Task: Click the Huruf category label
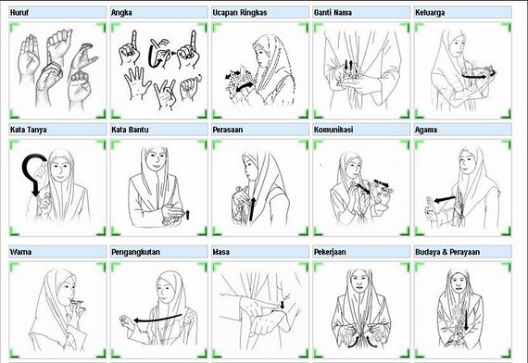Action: [x=19, y=13]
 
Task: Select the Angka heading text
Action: [x=121, y=13]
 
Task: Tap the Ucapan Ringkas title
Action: [x=240, y=13]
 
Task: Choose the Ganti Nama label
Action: [x=333, y=13]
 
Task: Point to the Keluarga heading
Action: [x=430, y=13]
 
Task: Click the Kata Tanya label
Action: [x=29, y=130]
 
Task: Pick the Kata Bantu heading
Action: [x=130, y=130]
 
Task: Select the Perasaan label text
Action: [x=228, y=130]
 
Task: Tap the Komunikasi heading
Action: [x=333, y=130]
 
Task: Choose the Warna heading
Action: [x=20, y=252]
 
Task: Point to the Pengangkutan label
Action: [x=135, y=252]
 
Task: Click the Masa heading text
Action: [x=220, y=252]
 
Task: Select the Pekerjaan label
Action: [x=330, y=252]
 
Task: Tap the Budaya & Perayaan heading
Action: [x=447, y=252]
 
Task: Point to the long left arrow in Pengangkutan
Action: [x=158, y=319]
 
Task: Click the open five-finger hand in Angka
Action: [x=137, y=81]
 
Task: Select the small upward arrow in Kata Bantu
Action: [x=187, y=214]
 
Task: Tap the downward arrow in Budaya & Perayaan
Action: [x=466, y=320]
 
